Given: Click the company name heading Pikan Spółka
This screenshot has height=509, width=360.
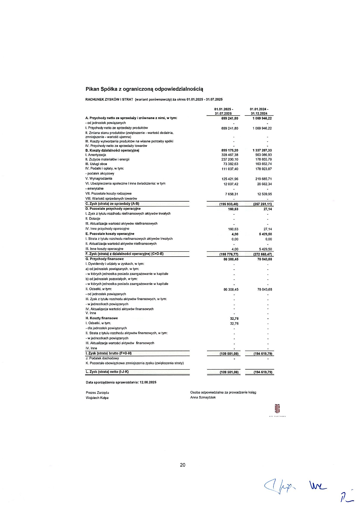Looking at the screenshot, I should [x=144, y=89].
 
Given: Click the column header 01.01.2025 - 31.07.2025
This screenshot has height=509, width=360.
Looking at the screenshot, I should [x=224, y=111].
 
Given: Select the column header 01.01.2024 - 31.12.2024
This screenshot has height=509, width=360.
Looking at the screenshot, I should [x=259, y=111].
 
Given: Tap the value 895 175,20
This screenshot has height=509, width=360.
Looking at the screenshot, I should [x=230, y=150].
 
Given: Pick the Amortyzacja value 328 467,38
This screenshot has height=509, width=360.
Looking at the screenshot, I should [x=230, y=155].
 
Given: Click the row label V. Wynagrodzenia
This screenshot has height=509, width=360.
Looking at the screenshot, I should [x=99, y=179].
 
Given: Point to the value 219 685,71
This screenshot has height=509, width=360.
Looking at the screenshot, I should [x=263, y=179].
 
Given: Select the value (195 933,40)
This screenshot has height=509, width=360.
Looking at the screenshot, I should [x=229, y=204].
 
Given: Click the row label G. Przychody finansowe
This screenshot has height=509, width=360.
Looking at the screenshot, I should [x=105, y=259].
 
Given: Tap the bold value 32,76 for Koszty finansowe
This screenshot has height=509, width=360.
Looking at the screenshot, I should [x=234, y=319].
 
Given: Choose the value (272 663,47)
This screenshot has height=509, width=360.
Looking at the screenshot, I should [x=263, y=254].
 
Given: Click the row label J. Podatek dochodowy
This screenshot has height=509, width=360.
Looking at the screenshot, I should [x=102, y=358].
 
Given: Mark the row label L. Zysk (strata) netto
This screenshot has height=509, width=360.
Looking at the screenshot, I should [x=107, y=372].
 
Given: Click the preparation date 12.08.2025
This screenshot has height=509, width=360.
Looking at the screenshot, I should [x=148, y=382].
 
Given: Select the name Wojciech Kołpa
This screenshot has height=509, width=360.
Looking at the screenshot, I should [x=97, y=398].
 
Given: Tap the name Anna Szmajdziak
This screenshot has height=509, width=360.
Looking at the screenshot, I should [x=203, y=397].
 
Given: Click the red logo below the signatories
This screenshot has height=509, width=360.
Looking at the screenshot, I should [x=277, y=409].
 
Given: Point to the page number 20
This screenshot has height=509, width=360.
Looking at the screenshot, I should [x=183, y=465].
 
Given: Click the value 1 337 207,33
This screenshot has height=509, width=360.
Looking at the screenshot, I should [x=262, y=150].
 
